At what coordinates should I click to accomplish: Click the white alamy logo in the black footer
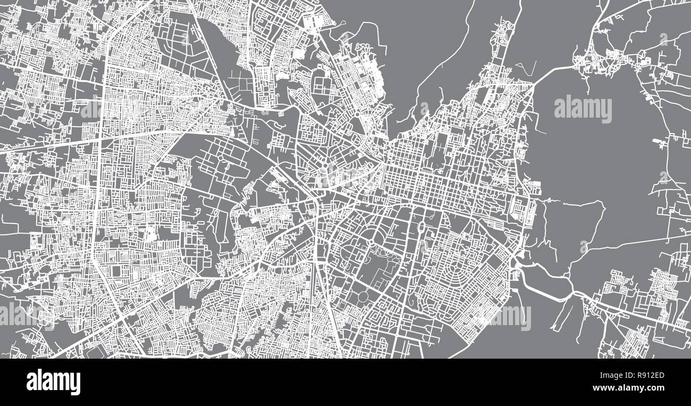pos(53,382)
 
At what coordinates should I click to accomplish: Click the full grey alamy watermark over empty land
pos(583,109)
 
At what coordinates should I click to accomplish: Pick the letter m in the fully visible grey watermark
pos(592,109)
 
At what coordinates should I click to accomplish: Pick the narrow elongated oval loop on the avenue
pos(422,229)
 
